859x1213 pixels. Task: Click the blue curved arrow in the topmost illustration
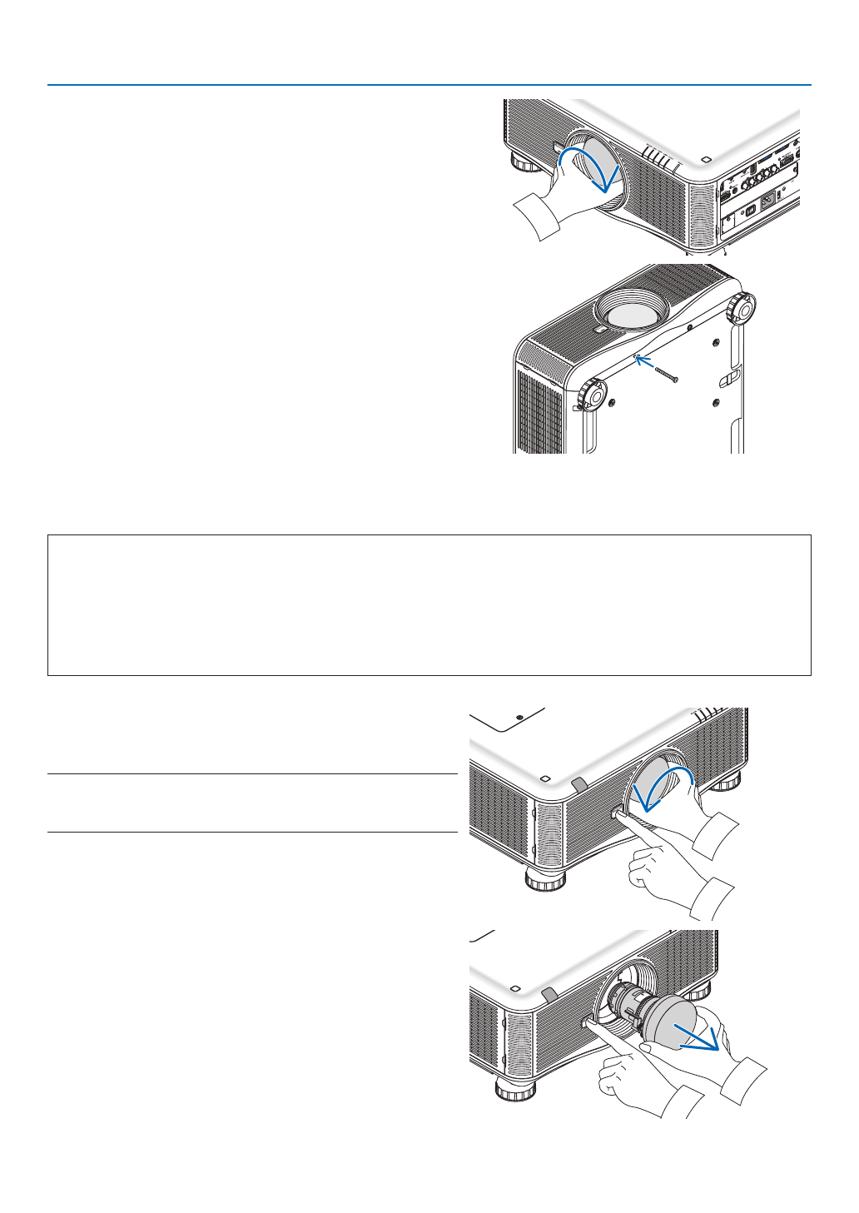coord(592,167)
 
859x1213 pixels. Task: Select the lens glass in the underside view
coord(630,313)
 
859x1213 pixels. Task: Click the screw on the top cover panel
coord(519,716)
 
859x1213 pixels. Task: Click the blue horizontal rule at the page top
coord(429,85)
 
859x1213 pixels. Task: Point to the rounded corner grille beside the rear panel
coord(701,216)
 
